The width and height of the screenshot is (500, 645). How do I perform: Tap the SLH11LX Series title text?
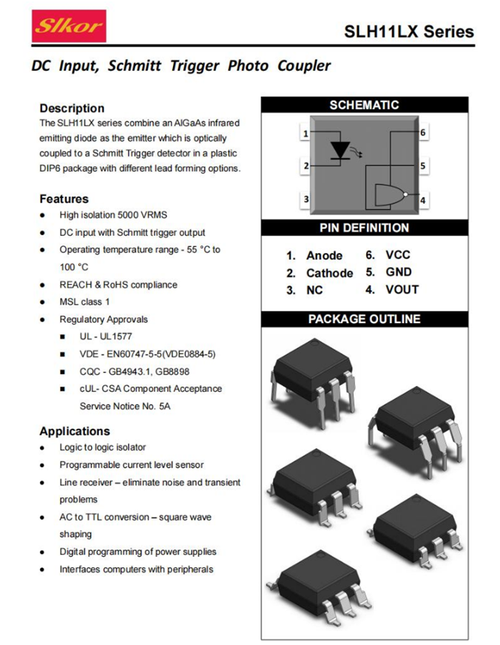pyautogui.click(x=409, y=32)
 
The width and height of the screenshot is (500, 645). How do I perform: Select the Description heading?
pyautogui.click(x=72, y=108)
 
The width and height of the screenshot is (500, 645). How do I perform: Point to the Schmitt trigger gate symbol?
pyautogui.click(x=389, y=195)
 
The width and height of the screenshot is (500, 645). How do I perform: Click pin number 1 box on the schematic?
pyautogui.click(x=305, y=134)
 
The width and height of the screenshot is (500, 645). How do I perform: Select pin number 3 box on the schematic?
pyautogui.click(x=305, y=199)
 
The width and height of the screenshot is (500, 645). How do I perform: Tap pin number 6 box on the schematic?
pyautogui.click(x=423, y=133)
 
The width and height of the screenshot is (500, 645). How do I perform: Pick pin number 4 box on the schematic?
pyautogui.click(x=423, y=200)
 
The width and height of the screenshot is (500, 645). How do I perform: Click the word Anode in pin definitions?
pyautogui.click(x=324, y=255)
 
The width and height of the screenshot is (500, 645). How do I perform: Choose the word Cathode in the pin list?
pyautogui.click(x=329, y=273)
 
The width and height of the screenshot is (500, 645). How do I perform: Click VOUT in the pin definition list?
pyautogui.click(x=402, y=290)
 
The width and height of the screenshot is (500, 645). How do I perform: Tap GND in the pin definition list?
pyautogui.click(x=399, y=272)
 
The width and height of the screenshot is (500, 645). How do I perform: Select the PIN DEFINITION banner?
pyautogui.click(x=364, y=228)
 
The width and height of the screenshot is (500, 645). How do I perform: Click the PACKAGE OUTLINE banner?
pyautogui.click(x=364, y=319)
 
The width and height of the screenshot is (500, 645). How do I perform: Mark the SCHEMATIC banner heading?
pyautogui.click(x=364, y=105)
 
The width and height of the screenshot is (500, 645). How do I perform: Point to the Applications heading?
pyautogui.click(x=75, y=431)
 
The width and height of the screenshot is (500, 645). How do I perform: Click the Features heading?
pyautogui.click(x=64, y=199)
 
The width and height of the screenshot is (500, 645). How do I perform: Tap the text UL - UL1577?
pyautogui.click(x=107, y=337)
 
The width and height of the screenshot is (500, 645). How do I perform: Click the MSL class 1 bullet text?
pyautogui.click(x=84, y=302)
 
